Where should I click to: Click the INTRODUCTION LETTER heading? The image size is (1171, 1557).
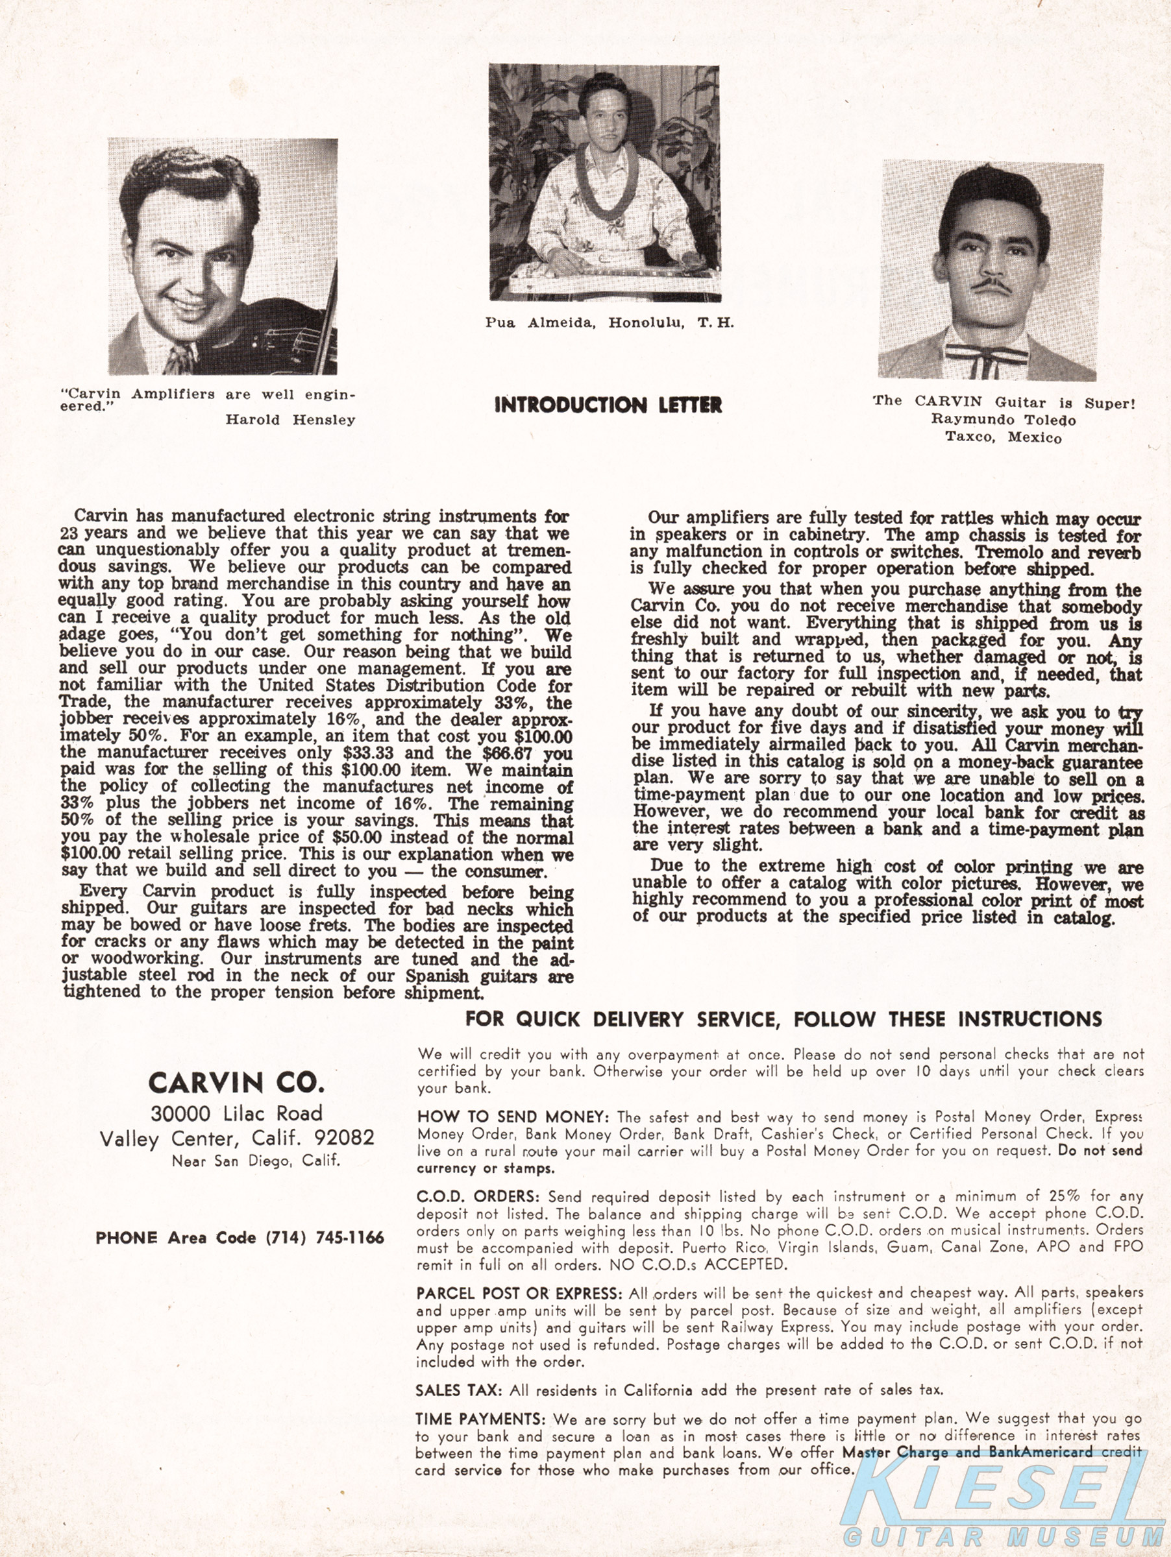pyautogui.click(x=608, y=405)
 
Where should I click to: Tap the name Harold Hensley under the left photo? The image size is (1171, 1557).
pyautogui.click(x=290, y=420)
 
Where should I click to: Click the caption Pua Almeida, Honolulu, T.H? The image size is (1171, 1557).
pyautogui.click(x=609, y=322)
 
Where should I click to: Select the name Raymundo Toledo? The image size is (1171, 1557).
pyautogui.click(x=1004, y=420)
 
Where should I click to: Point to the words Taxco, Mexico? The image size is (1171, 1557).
pyautogui.click(x=1004, y=437)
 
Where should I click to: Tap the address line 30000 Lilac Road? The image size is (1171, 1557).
pyautogui.click(x=236, y=1113)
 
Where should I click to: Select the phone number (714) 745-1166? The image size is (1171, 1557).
pyautogui.click(x=325, y=1237)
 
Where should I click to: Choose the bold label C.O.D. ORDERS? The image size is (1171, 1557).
pyautogui.click(x=477, y=1196)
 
